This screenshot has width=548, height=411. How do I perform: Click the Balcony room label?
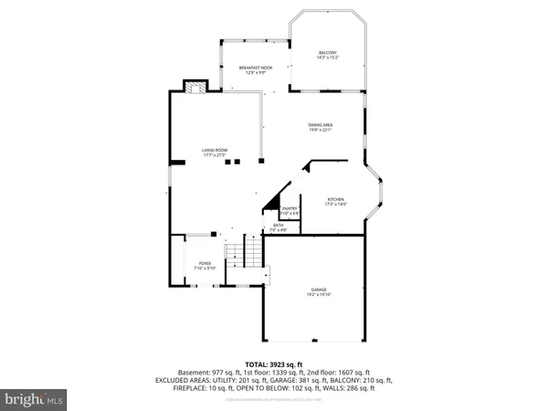coord(326,53)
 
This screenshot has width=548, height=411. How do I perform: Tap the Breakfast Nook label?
coord(255,68)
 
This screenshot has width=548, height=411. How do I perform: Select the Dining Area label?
coord(320,124)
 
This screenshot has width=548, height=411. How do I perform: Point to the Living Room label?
coord(215,150)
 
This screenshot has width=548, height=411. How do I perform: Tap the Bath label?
coord(278,226)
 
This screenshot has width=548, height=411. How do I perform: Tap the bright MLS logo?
coord(35,399)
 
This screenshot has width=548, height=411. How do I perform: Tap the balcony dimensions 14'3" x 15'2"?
coord(326,58)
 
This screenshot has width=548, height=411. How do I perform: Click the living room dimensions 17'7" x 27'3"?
coord(215,155)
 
